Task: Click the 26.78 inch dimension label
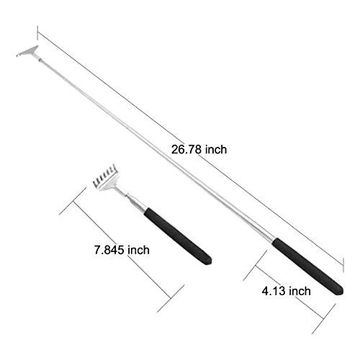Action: (199, 150)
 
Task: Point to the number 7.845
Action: (107, 250)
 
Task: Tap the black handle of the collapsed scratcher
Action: (177, 235)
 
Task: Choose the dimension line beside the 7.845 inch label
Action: (122, 252)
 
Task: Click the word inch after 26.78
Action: (216, 150)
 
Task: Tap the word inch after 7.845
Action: (138, 250)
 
